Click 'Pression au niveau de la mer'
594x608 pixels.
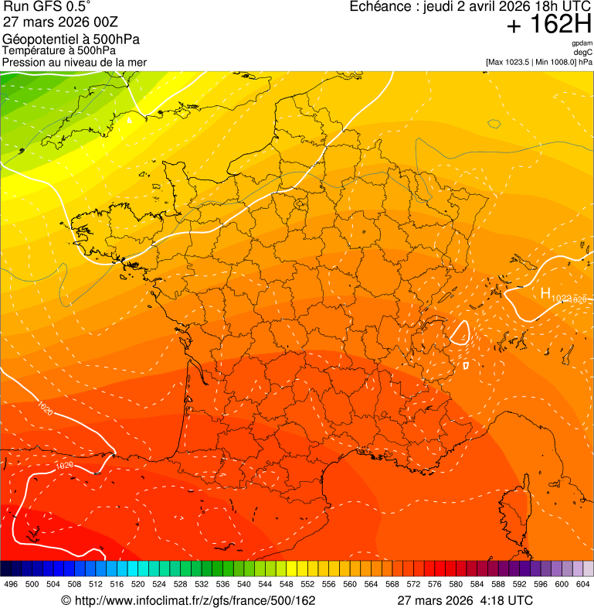(x=74, y=62)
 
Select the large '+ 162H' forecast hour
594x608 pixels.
(x=549, y=26)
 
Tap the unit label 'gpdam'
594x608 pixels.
(x=582, y=43)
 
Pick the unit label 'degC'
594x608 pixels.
(x=584, y=53)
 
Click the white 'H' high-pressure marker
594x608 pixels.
(x=545, y=294)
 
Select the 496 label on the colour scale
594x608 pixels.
(x=11, y=584)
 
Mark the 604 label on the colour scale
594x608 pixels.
(x=583, y=584)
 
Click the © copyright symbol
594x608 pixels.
(x=66, y=600)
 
